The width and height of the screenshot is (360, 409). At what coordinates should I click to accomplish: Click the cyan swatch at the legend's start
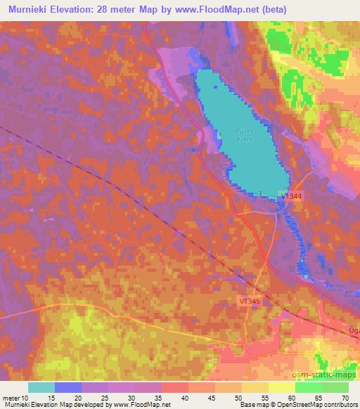41,387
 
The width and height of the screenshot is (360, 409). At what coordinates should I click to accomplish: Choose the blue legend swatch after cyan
68,387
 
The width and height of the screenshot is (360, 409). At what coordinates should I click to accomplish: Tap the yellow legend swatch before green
281,387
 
